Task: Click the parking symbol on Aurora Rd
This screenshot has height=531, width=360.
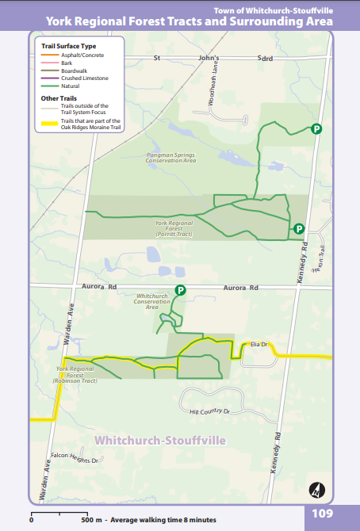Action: [x=180, y=292]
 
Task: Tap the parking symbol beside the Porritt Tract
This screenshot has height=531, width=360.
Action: [x=299, y=229]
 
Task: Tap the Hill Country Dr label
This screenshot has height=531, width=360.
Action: [x=209, y=412]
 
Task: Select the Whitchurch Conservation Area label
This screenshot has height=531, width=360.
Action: [x=152, y=300]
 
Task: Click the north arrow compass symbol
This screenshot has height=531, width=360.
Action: [x=317, y=488]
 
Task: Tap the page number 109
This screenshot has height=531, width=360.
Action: [x=322, y=514]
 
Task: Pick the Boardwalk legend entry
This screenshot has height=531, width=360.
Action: [x=74, y=71]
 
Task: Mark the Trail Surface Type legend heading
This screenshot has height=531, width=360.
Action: [x=68, y=47]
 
